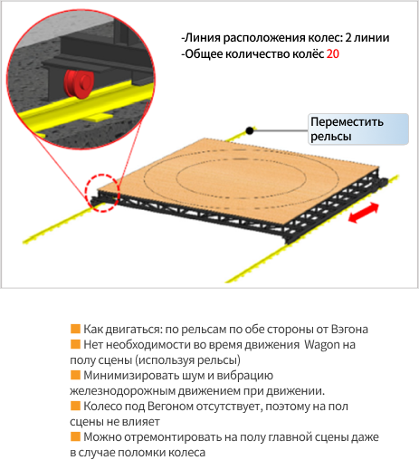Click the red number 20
pyautogui.click(x=333, y=54)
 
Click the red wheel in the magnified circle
pyautogui.click(x=79, y=84)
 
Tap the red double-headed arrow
pyautogui.click(x=363, y=213)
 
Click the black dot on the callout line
pyautogui.click(x=250, y=130)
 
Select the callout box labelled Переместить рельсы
pyautogui.click(x=358, y=129)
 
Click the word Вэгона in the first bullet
pyautogui.click(x=349, y=329)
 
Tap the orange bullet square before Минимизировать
pyautogui.click(x=75, y=375)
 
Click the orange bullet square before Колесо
pyautogui.click(x=75, y=406)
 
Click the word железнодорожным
pyautogui.click(x=122, y=391)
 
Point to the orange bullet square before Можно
pyautogui.click(x=75, y=436)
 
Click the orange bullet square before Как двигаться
pyautogui.click(x=75, y=329)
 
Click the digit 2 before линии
pyautogui.click(x=348, y=38)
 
